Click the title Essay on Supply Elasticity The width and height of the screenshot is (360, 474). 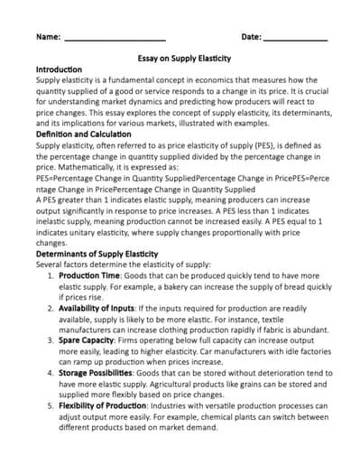[180, 58]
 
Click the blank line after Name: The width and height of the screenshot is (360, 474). [115, 38]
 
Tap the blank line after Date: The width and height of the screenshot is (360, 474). [295, 38]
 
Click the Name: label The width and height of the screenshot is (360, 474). [48, 37]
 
